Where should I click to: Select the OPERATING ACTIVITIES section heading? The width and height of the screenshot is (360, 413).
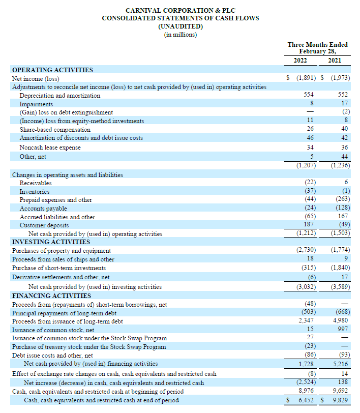pyautogui.click(x=52, y=70)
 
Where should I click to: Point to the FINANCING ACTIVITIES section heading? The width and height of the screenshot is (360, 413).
pyautogui.click(x=51, y=296)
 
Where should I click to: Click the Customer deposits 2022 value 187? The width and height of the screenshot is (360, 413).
pyautogui.click(x=308, y=225)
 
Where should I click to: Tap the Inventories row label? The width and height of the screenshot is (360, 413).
pyautogui.click(x=35, y=191)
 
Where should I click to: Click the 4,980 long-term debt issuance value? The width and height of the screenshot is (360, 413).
pyautogui.click(x=339, y=321)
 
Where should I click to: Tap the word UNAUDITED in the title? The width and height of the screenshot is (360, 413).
pyautogui.click(x=181, y=26)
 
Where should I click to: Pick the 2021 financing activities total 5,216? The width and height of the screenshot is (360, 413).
pyautogui.click(x=339, y=364)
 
